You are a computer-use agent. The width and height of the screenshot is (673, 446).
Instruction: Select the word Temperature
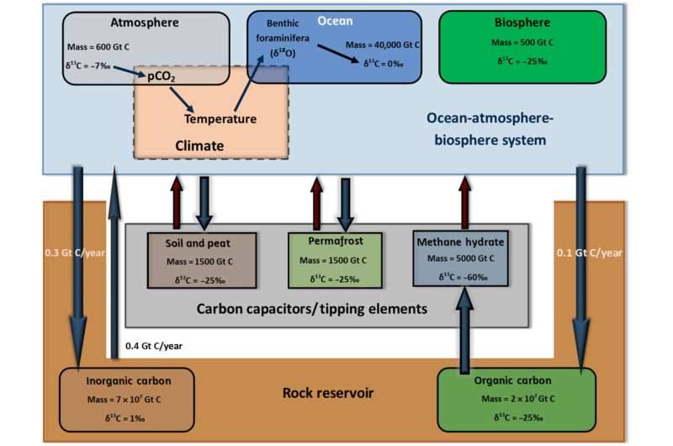pyautogui.click(x=220, y=119)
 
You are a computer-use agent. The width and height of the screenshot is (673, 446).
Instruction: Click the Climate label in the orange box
pyautogui.click(x=200, y=146)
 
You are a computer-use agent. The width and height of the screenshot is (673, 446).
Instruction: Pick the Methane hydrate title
pyautogui.click(x=463, y=242)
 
